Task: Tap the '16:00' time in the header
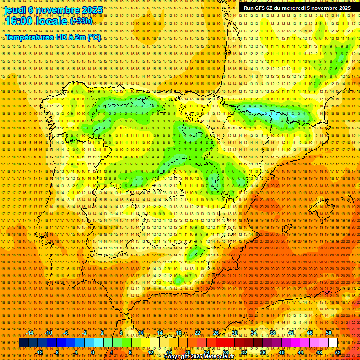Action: [19, 21]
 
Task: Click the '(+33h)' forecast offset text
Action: [81, 21]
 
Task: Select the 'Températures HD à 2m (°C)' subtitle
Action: [52, 37]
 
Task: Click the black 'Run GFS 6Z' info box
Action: [297, 7]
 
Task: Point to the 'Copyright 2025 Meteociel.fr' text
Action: [199, 357]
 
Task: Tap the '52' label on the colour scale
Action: [338, 352]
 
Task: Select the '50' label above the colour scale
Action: [329, 333]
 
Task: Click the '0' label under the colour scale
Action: [93, 352]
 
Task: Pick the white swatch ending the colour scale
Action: [333, 343]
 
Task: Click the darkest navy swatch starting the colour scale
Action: [23, 343]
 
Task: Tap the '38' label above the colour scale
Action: [272, 333]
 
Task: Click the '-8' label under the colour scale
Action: [57, 352]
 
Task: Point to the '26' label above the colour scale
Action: [216, 333]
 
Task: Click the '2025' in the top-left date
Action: [89, 9]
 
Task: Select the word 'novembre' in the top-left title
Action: [53, 9]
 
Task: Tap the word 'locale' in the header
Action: [53, 21]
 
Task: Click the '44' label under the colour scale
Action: [300, 352]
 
